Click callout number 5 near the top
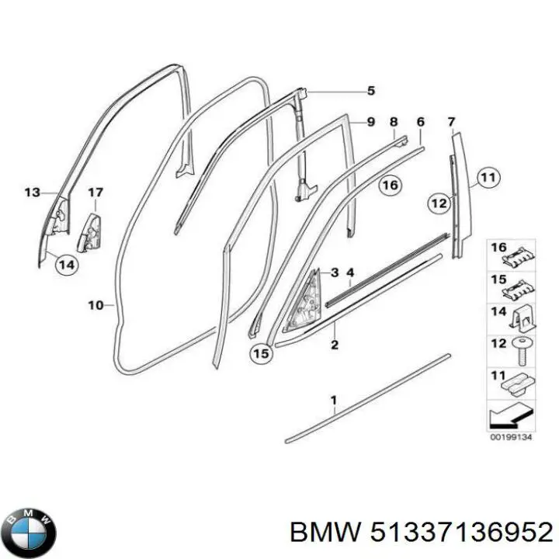click(371, 91)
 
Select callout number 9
click(371, 122)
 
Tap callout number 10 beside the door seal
click(95, 305)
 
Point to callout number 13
click(31, 192)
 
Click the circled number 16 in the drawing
click(390, 185)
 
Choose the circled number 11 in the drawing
click(487, 179)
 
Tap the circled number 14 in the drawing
click(67, 264)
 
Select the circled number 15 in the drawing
click(262, 353)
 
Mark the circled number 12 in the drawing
click(439, 203)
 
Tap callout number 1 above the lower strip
click(334, 401)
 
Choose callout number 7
click(451, 122)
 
